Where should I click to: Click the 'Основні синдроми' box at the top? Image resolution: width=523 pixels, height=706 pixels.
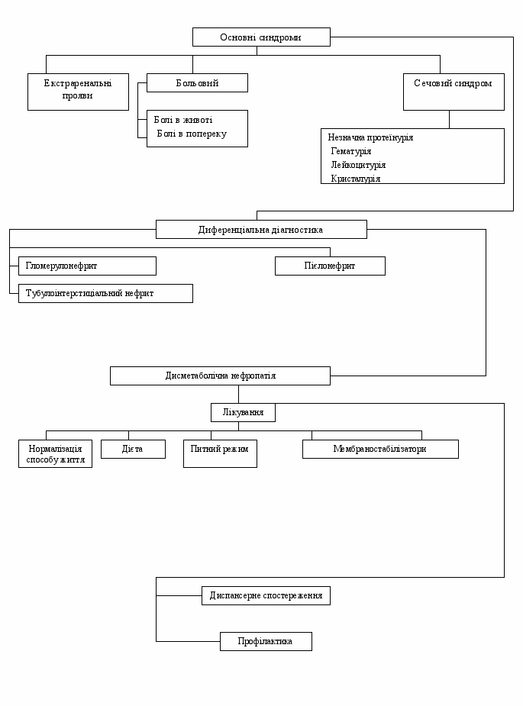[261, 37]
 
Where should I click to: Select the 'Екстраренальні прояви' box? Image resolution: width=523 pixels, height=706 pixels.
[78, 92]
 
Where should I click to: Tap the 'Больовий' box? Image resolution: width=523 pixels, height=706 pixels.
[197, 83]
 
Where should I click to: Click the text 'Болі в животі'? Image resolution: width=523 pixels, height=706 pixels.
[183, 120]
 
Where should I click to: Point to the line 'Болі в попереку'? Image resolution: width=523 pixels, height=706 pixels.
[192, 134]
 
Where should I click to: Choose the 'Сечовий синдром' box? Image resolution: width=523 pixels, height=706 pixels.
[454, 92]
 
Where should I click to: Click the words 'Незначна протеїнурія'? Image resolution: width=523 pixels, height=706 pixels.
[370, 137]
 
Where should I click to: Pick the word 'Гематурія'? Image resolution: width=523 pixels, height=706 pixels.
[351, 151]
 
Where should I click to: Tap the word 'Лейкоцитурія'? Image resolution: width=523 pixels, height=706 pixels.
[358, 165]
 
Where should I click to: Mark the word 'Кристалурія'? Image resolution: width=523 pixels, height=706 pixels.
[356, 179]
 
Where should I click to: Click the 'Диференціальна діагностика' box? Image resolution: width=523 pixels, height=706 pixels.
[261, 229]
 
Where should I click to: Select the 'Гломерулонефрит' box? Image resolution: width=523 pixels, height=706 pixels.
[87, 266]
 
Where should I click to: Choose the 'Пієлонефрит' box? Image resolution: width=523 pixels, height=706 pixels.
[330, 266]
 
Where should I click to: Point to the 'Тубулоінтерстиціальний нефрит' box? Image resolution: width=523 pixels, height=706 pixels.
[105, 293]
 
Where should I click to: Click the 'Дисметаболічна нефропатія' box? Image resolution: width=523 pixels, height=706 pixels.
[221, 376]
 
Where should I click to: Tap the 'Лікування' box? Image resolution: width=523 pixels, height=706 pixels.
[243, 412]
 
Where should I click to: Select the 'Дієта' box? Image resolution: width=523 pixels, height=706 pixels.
[133, 449]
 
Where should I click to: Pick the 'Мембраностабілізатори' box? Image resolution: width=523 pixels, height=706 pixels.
[380, 449]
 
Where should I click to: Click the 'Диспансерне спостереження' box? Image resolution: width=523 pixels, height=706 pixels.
[266, 595]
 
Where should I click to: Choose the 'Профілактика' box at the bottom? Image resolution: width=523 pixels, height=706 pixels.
[266, 641]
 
